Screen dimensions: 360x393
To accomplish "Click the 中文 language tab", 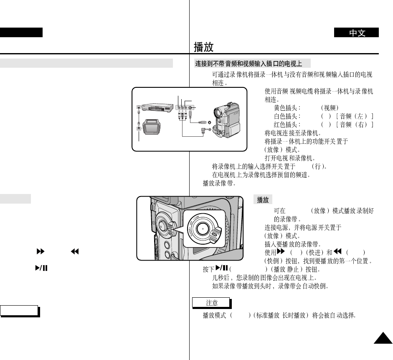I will (356, 33).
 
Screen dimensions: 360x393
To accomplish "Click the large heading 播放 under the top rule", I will (204, 46).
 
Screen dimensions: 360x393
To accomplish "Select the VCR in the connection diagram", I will (156, 108).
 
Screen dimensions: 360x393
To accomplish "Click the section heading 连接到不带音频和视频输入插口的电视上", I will (248, 64).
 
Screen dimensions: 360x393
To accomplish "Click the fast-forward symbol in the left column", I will (41, 252).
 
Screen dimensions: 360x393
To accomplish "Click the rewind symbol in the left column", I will (75, 252).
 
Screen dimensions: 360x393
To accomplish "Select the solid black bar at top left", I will (21, 33).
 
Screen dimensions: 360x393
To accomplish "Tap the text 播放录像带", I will (219, 183).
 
